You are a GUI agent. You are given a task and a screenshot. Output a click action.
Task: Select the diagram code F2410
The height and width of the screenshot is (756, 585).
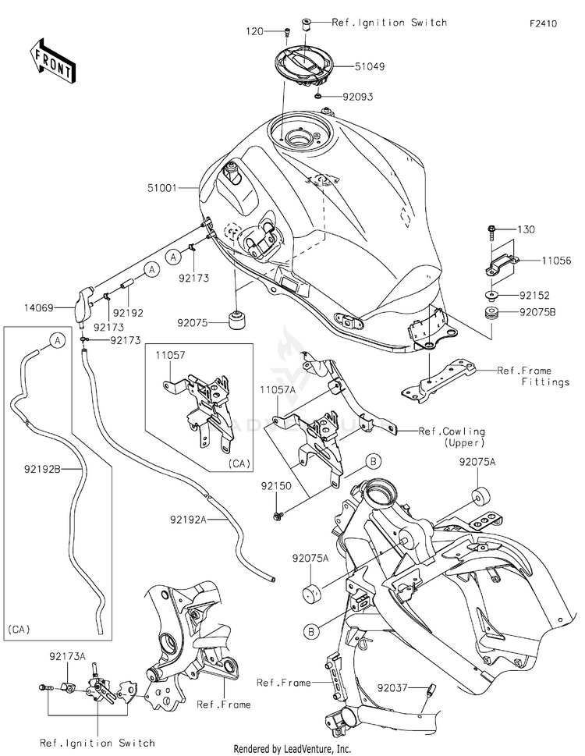[543, 24]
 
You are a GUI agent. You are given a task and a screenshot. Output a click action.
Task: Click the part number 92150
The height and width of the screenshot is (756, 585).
[275, 484]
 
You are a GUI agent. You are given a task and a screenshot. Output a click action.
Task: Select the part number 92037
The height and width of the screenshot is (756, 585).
[394, 689]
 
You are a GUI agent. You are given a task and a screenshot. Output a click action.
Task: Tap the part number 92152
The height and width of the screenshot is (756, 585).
[534, 296]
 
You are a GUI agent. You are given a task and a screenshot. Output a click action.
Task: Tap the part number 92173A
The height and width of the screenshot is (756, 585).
[68, 657]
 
